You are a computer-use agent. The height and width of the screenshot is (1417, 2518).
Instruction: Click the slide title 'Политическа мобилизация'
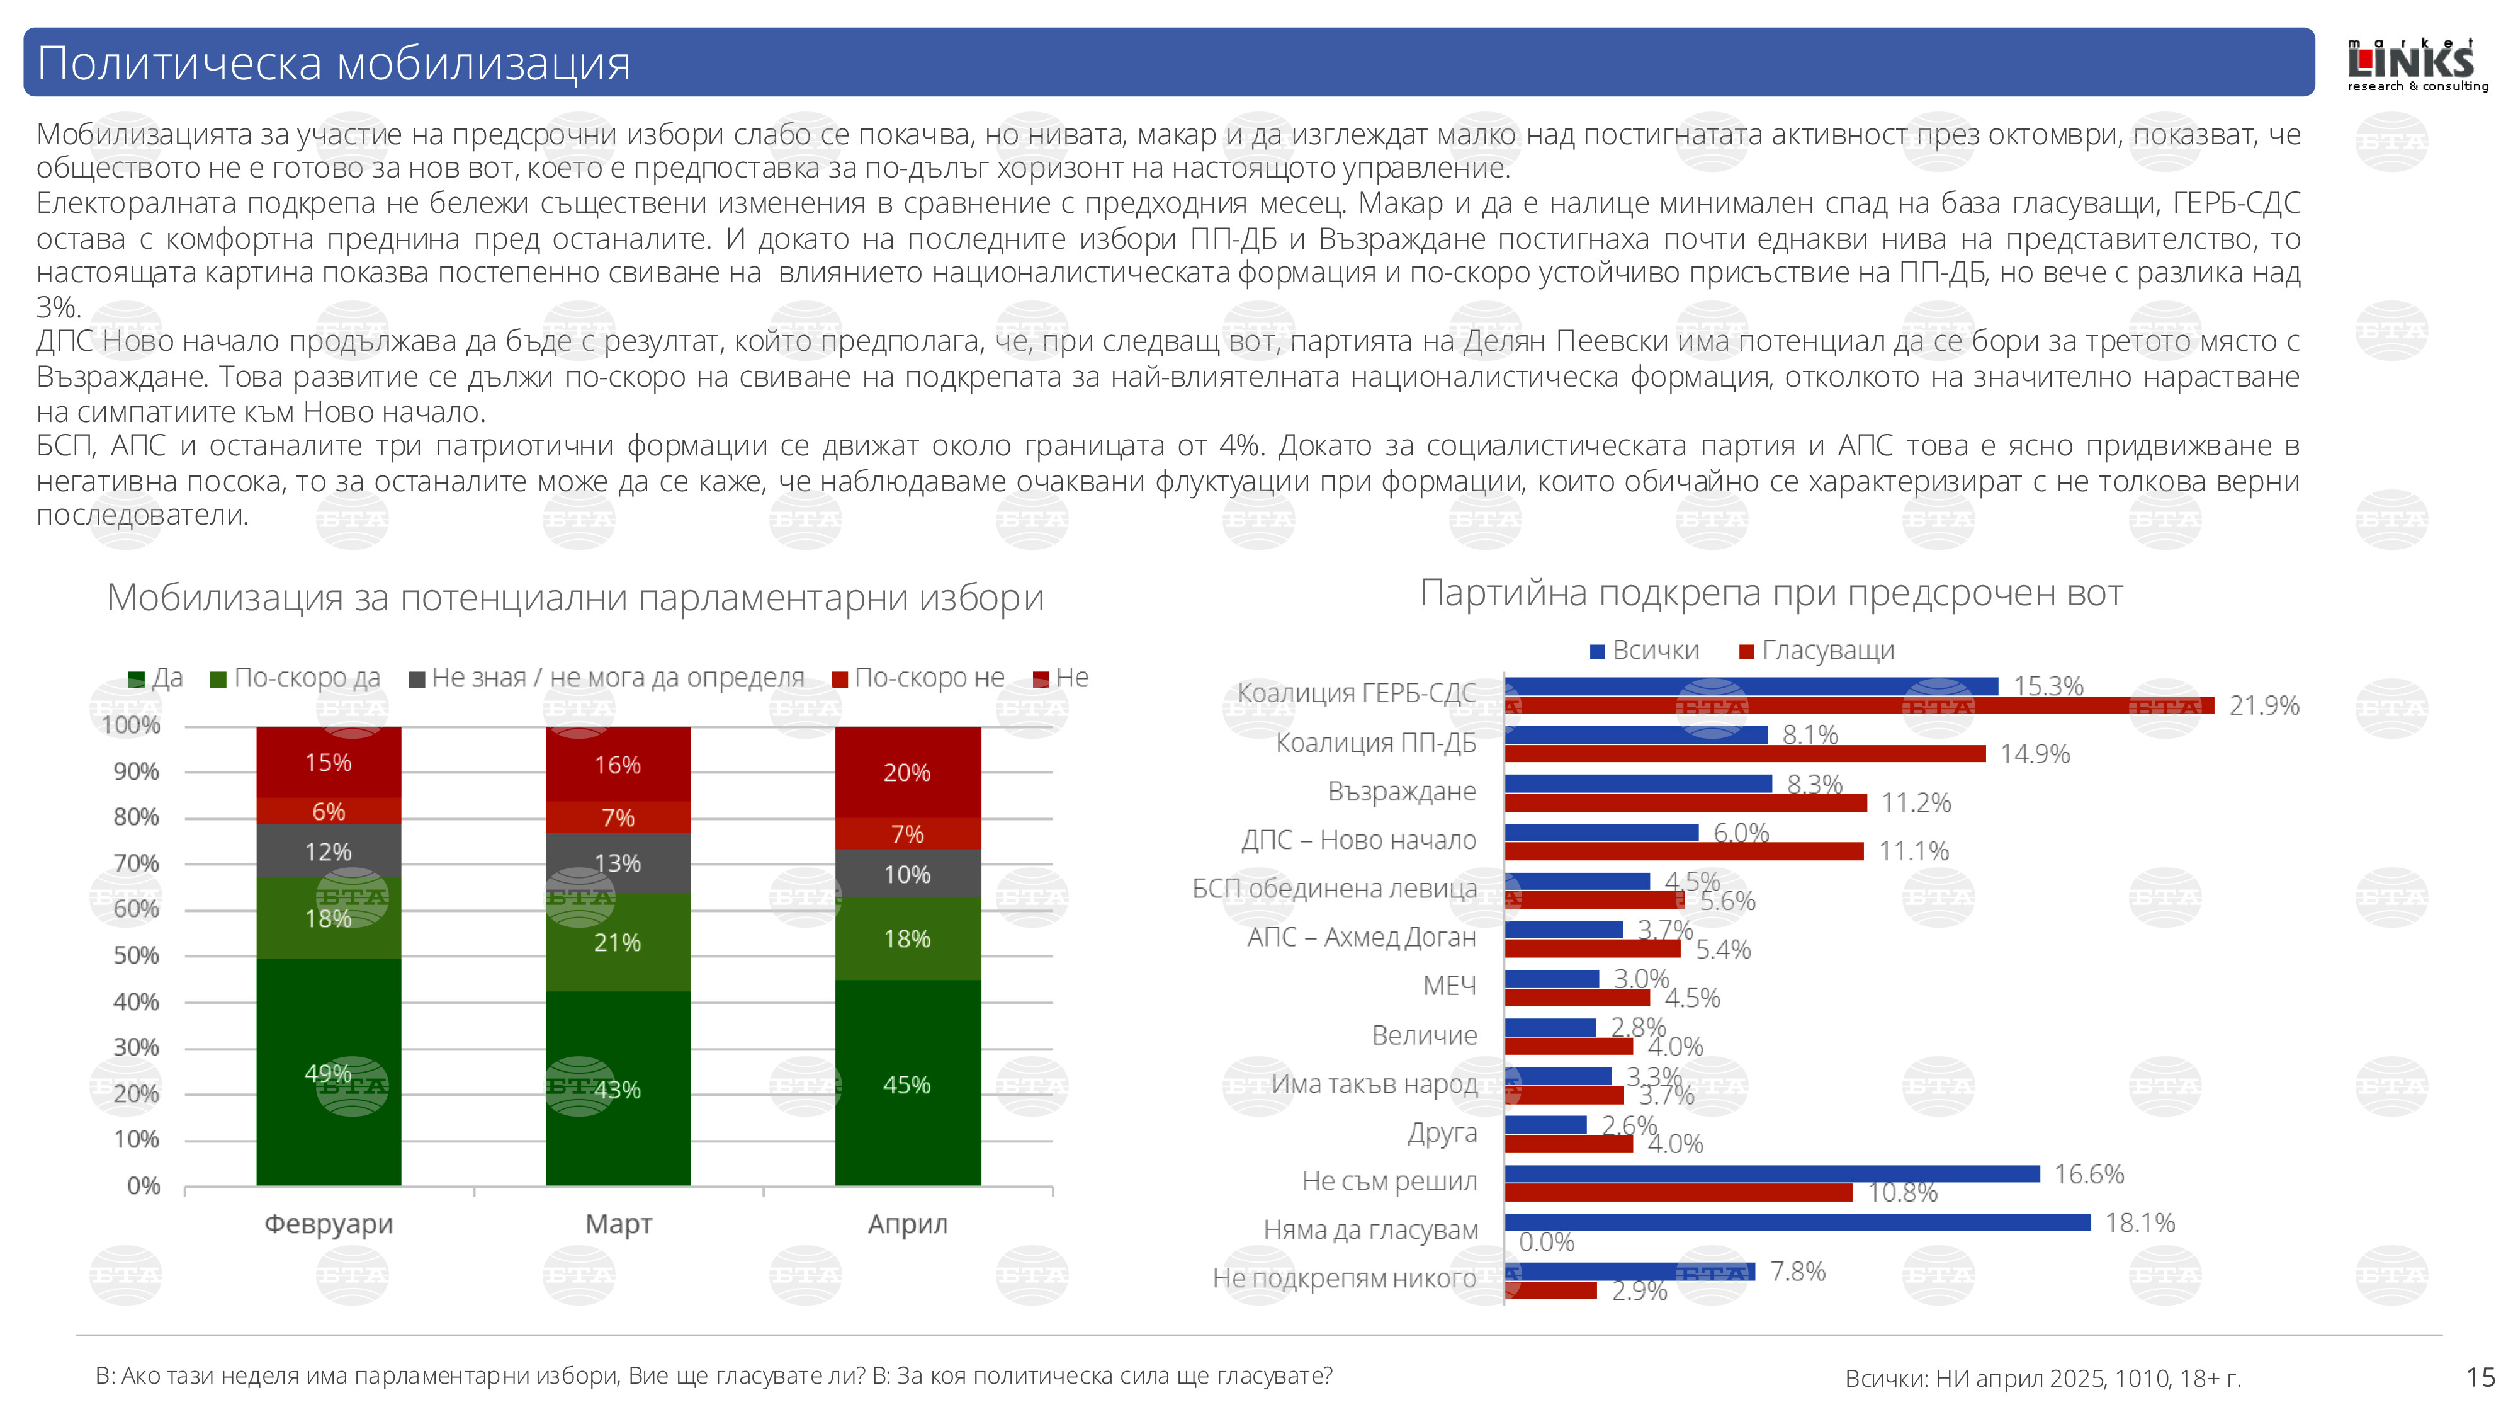(334, 64)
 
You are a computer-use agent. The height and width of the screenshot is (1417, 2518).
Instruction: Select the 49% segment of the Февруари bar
(329, 1072)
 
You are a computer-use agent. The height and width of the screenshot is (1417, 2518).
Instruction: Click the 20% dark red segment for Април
(907, 773)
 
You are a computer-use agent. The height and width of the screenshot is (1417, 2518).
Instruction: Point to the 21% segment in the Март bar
(618, 943)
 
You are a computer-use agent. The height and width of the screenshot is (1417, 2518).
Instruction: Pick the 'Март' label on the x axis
(618, 1224)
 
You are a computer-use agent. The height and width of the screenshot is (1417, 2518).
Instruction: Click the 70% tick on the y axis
(136, 863)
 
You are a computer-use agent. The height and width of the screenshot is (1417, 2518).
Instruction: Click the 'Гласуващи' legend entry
(1817, 651)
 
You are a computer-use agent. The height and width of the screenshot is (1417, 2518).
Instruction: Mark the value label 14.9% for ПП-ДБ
(2034, 754)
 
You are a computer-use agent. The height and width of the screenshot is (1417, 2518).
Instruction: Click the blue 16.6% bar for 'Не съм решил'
(1771, 1173)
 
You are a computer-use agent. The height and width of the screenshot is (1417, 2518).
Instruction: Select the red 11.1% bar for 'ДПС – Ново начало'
(1683, 851)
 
